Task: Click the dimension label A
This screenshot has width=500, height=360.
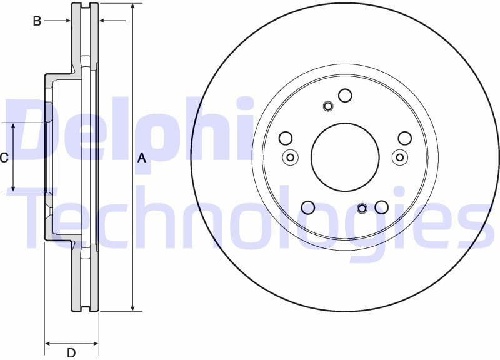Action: tap(142, 158)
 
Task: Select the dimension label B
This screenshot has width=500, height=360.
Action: tap(37, 21)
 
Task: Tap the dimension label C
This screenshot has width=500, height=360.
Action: tap(4, 157)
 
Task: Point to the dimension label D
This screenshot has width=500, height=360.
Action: tap(71, 352)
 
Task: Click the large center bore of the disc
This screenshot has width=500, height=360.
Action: tap(345, 157)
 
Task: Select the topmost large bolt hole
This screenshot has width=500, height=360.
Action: tap(345, 95)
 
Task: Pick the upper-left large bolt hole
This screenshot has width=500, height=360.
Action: tap(286, 138)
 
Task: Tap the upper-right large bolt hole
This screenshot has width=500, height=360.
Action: tap(405, 138)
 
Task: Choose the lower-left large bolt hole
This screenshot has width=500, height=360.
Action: tap(308, 207)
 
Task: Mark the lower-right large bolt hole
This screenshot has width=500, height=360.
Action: tap(382, 207)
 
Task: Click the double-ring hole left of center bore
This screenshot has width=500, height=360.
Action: tap(290, 157)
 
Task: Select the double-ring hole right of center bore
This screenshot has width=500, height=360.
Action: tap(400, 157)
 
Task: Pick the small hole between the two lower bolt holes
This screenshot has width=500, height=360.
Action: tap(362, 208)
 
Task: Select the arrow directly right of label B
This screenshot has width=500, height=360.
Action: tap(65, 21)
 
